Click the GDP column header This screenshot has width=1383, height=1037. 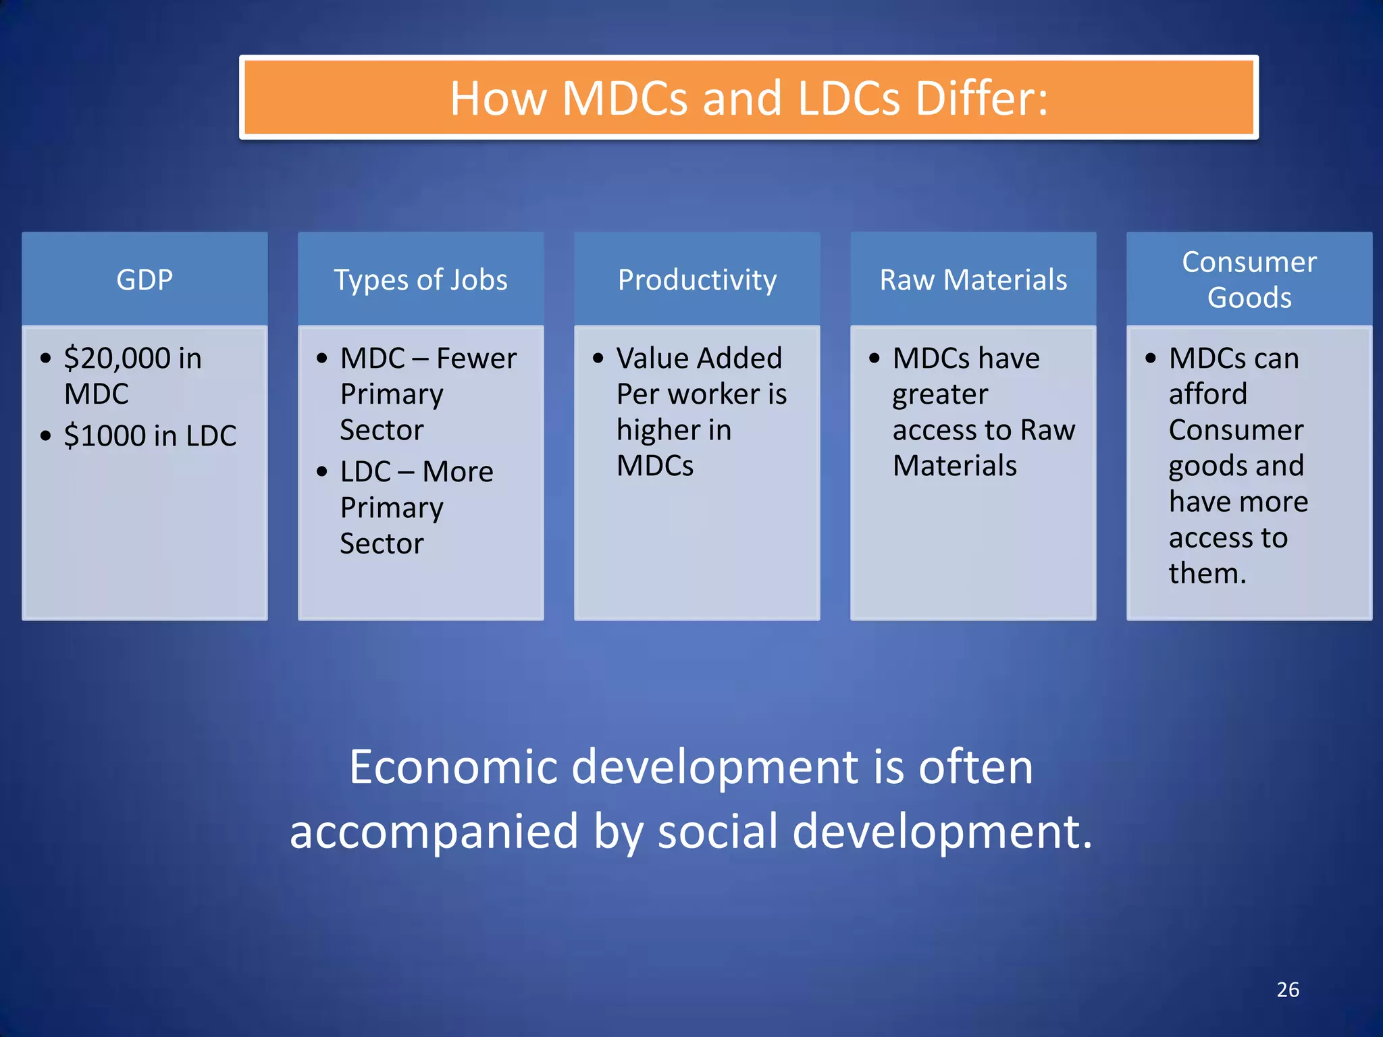tap(145, 280)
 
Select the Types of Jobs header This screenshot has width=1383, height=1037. tap(420, 280)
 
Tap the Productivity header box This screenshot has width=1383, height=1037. tap(697, 280)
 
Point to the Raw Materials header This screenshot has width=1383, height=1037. tap(973, 280)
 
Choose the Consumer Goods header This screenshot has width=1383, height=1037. tap(1249, 280)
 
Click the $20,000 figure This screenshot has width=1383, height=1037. tap(118, 358)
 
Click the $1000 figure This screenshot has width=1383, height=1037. tap(105, 436)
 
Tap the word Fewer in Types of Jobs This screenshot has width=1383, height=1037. tap(476, 358)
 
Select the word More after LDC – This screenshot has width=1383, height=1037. tap(458, 472)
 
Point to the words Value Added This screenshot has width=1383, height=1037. tap(699, 358)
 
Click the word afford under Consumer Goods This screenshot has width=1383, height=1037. tap(1207, 394)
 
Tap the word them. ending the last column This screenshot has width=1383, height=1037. tap(1207, 574)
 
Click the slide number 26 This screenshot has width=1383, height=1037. tap(1288, 990)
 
